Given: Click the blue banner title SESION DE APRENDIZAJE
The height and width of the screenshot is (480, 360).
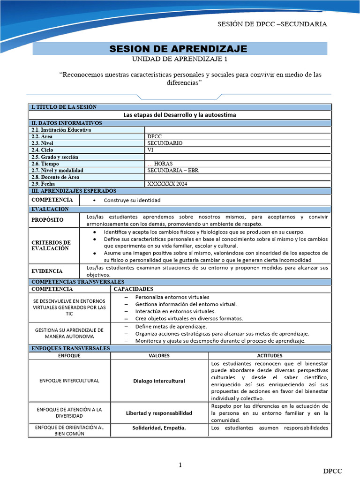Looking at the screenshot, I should [178, 49].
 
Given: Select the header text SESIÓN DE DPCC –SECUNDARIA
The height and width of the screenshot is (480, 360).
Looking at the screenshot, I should [272, 24].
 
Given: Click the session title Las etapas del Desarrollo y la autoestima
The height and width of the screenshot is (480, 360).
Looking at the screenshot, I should [180, 115].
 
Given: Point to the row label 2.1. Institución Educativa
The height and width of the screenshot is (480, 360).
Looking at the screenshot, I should [61, 130].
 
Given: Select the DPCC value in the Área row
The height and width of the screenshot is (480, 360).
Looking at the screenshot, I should [154, 136].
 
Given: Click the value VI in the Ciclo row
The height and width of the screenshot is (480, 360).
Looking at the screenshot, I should [150, 150].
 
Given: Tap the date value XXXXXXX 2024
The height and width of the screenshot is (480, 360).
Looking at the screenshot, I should [167, 184].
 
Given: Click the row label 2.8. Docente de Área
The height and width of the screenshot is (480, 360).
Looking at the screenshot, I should [55, 177].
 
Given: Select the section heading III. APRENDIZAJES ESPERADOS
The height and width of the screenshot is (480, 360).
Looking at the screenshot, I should [74, 191].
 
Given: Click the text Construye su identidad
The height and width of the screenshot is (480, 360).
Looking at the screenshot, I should [132, 200].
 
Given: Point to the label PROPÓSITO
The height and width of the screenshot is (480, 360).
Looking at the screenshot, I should [47, 220].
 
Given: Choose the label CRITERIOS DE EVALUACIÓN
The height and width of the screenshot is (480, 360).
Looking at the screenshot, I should [51, 245].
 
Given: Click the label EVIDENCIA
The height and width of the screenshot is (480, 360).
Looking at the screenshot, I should [47, 271].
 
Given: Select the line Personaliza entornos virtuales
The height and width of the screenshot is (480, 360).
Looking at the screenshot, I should [172, 297].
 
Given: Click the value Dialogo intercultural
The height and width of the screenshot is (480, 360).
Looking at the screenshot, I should [158, 381].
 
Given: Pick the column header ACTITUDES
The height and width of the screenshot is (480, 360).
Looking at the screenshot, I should [270, 356].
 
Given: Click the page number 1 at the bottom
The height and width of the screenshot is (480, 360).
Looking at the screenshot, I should [180, 465].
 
